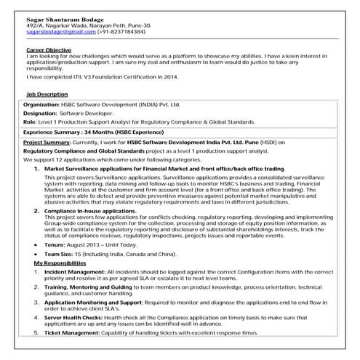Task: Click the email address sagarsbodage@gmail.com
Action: tap(55, 32)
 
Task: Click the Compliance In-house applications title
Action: tap(89, 209)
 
